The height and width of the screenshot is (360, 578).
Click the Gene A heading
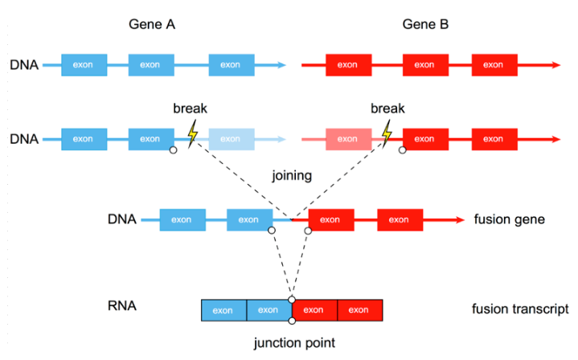[x=152, y=25]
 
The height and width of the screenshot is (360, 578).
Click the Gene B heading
[x=425, y=25]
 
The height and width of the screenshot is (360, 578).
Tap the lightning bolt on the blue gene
[x=192, y=133]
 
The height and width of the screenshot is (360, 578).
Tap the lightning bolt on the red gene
[x=388, y=133]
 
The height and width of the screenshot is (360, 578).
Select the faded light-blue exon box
[x=231, y=139]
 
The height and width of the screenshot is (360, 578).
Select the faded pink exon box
[x=348, y=139]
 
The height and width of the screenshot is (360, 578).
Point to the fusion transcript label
[x=520, y=309]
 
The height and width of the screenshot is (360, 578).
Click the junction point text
[x=294, y=343]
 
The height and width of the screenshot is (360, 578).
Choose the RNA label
[x=121, y=306]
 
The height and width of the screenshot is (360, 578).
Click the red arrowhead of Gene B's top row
[x=556, y=63]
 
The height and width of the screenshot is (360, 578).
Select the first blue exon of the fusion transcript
[x=223, y=310]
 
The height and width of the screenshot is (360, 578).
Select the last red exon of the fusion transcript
[x=359, y=310]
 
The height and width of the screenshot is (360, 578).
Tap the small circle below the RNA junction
[x=292, y=321]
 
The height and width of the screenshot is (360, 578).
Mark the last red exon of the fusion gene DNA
[x=400, y=219]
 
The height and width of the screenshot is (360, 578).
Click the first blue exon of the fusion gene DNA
[x=182, y=219]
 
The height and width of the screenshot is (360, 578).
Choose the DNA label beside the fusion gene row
[x=123, y=219]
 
